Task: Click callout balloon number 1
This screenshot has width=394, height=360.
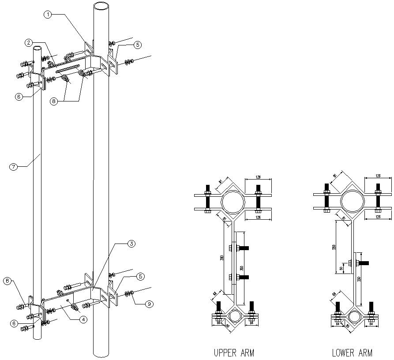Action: tap(48, 15)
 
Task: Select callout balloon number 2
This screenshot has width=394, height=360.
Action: tap(28, 43)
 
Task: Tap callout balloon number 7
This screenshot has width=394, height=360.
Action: tap(13, 166)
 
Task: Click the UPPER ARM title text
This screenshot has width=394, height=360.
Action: tap(233, 352)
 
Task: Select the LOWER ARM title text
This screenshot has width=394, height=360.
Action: tap(352, 352)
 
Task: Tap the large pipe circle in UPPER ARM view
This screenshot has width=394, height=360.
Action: tap(233, 202)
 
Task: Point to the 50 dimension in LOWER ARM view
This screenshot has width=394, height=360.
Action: tap(341, 268)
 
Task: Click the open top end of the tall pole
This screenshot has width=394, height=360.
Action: tap(101, 7)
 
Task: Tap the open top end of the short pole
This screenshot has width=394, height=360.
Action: tap(38, 49)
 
